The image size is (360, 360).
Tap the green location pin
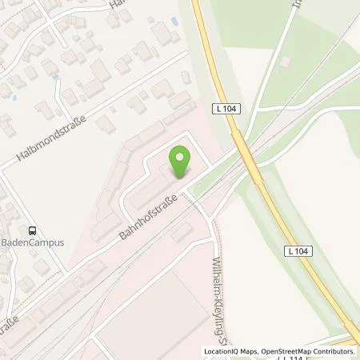tap(182, 163)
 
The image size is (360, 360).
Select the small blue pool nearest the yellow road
tap(55, 78)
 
